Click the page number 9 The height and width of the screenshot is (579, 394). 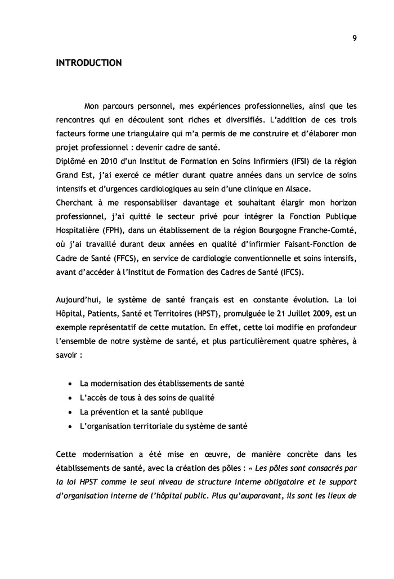point(354,38)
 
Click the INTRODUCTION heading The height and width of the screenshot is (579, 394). point(88,63)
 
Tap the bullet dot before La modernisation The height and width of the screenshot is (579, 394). point(69,384)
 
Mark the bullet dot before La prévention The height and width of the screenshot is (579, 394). point(69,412)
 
